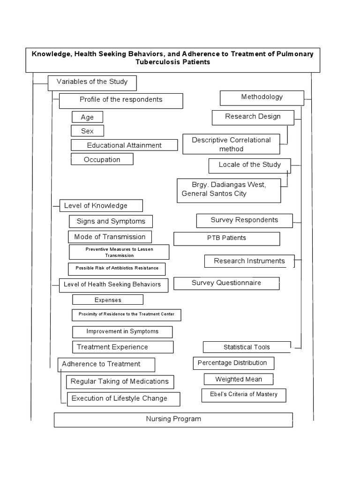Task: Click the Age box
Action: [x=87, y=117]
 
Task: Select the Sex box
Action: [x=87, y=131]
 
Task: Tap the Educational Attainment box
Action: [x=124, y=145]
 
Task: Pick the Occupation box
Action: [x=102, y=159]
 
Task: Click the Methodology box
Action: [x=262, y=98]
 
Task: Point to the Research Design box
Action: [x=253, y=118]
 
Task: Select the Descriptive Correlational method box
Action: [x=231, y=144]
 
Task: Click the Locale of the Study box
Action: [x=249, y=166]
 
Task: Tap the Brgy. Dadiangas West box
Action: [x=229, y=190]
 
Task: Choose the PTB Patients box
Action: [x=226, y=239]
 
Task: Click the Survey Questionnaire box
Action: [x=226, y=284]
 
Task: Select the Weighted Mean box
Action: [x=239, y=379]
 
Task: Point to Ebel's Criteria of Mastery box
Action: [x=244, y=395]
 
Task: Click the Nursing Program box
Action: [x=173, y=420]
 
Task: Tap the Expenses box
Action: [x=108, y=300]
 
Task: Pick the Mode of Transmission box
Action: [x=110, y=237]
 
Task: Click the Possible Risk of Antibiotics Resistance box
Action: [x=117, y=269]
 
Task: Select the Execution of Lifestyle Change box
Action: [x=123, y=399]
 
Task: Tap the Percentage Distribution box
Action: [x=233, y=363]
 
